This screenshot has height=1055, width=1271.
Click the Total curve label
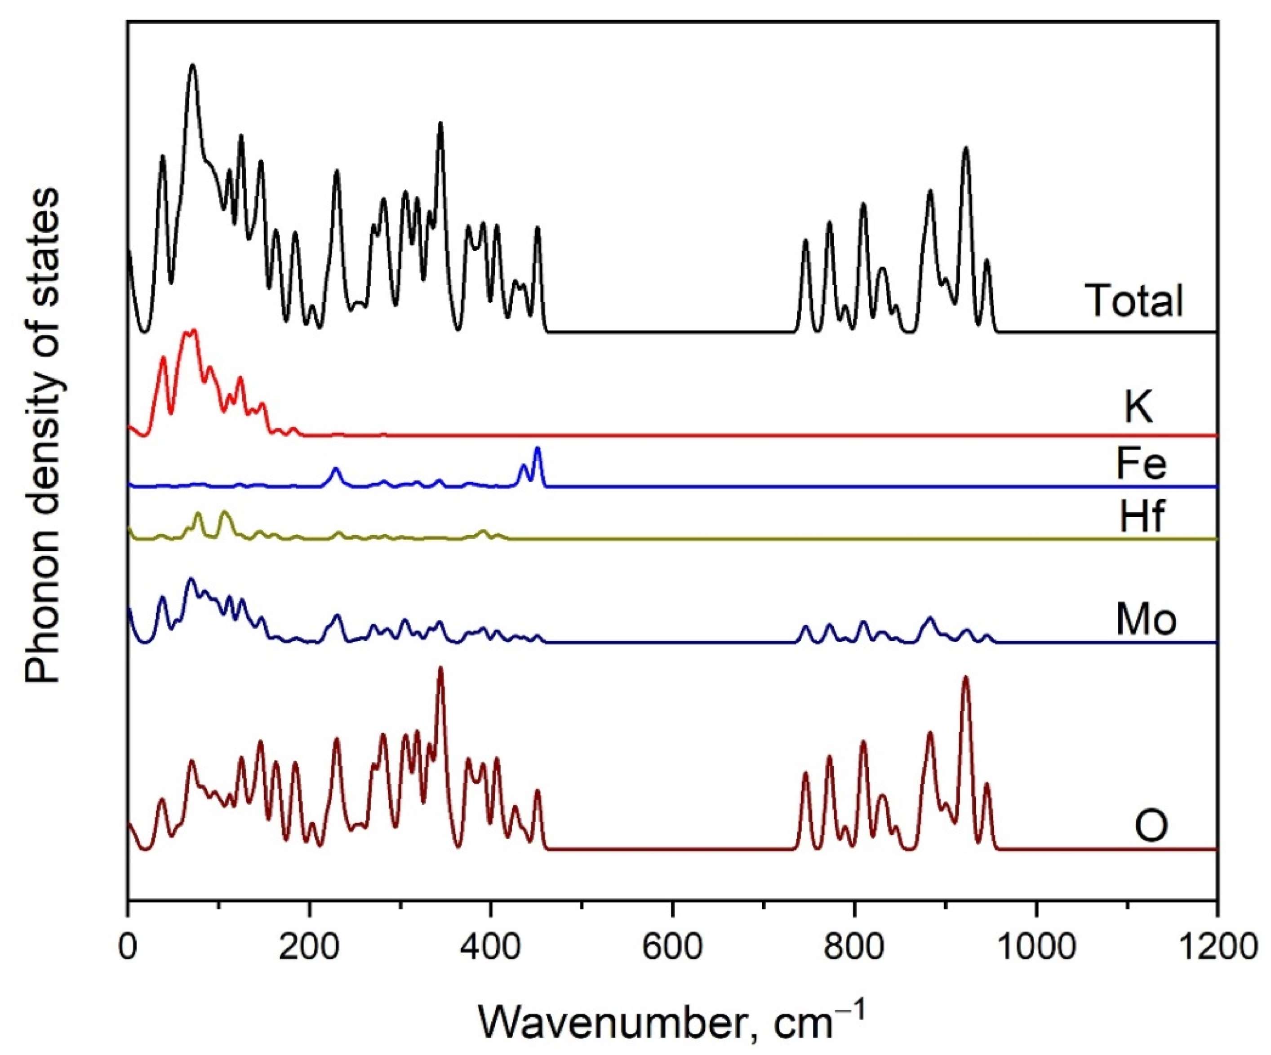pos(1133,300)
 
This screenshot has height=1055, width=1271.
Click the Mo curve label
pos(1146,620)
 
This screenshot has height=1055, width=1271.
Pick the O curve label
pos(1151,826)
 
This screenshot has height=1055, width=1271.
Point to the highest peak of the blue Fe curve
pos(537,448)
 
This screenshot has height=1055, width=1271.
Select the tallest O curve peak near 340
pos(440,669)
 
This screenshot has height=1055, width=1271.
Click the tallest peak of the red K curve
pos(194,330)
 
